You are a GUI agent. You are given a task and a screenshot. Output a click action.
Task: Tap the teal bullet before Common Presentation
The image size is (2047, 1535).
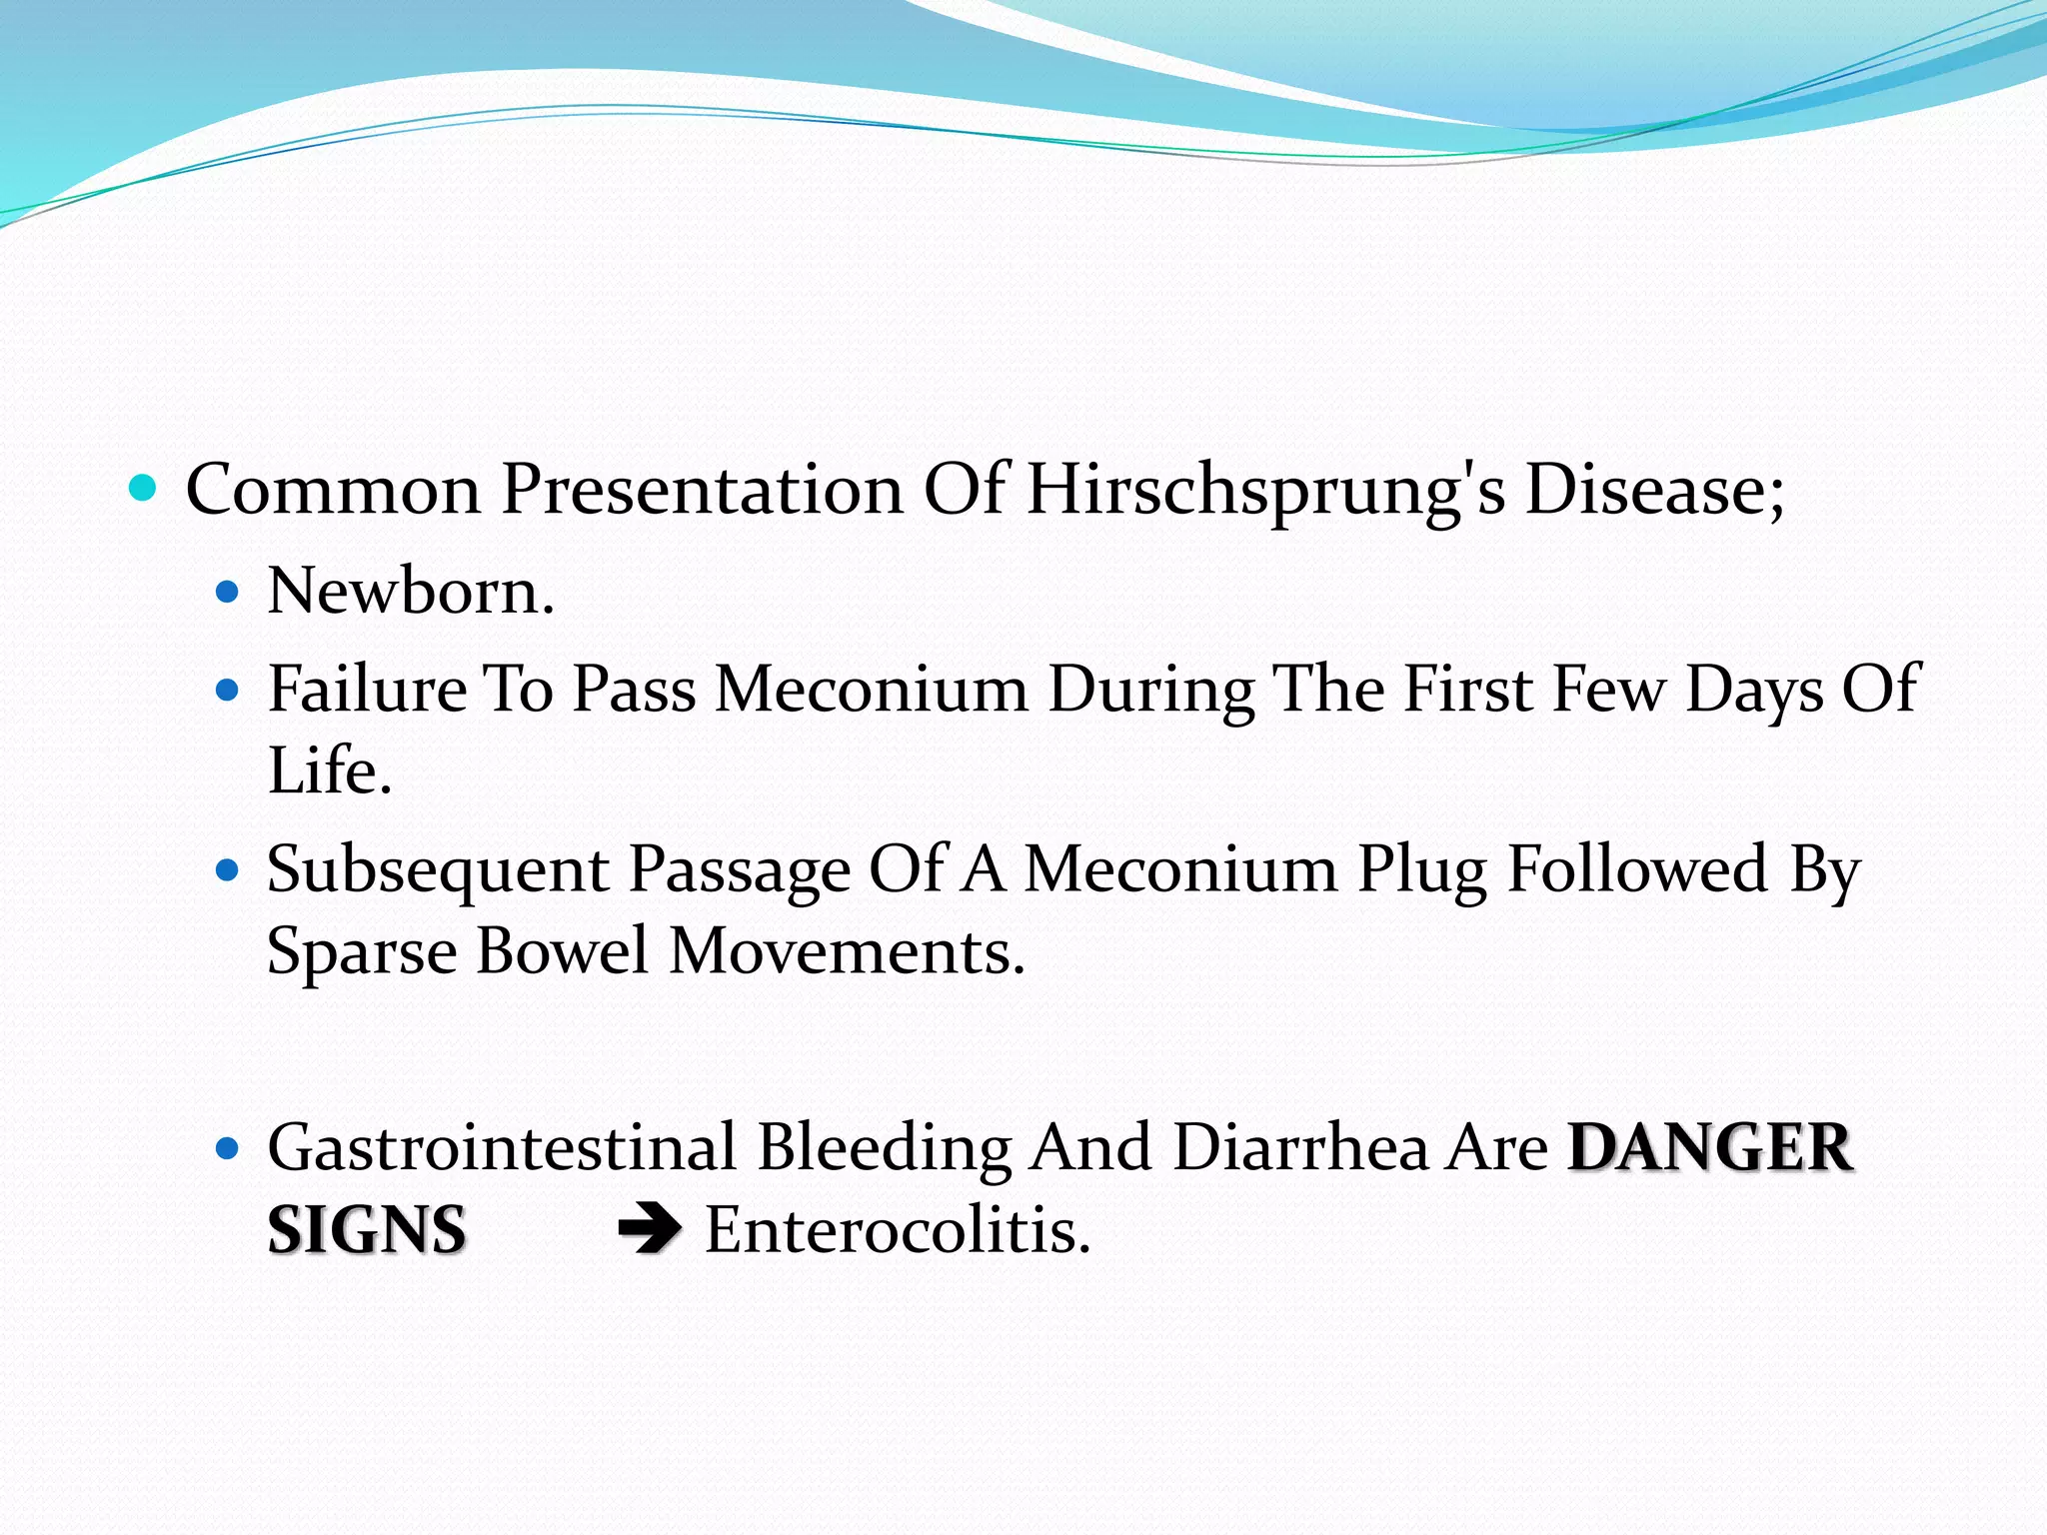click(144, 489)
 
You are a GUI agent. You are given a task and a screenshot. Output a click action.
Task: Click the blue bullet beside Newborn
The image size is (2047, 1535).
click(228, 593)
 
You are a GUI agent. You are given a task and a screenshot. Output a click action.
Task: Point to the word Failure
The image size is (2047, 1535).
click(367, 690)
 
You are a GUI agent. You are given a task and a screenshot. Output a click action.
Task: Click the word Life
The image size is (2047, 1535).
click(329, 770)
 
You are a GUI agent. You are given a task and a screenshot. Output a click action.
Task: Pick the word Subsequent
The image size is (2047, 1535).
click(438, 870)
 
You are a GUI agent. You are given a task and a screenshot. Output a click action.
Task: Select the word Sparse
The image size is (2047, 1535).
click(361, 950)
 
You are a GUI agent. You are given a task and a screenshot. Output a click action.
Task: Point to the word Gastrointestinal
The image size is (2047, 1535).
click(502, 1147)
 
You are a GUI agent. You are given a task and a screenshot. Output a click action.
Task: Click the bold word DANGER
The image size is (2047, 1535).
click(1710, 1147)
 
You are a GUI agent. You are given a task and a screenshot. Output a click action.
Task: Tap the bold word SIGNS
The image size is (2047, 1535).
click(367, 1230)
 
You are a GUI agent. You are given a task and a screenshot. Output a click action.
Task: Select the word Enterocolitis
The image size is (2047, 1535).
click(897, 1230)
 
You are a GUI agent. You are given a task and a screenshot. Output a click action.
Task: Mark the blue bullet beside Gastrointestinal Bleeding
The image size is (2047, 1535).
click(228, 1149)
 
